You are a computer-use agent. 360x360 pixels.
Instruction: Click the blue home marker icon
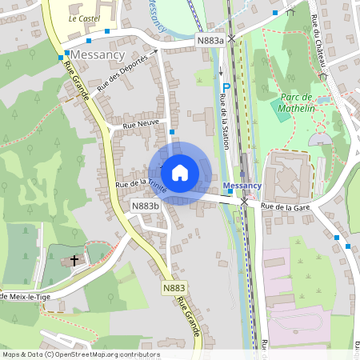pyautogui.click(x=180, y=172)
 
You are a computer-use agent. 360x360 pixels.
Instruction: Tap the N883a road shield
pyautogui.click(x=210, y=39)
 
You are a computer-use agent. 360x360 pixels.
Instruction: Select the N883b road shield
pyautogui.click(x=145, y=206)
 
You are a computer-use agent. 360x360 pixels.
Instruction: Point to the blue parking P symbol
pyautogui.click(x=226, y=88)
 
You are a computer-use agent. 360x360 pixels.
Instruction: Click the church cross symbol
pyautogui.click(x=75, y=260)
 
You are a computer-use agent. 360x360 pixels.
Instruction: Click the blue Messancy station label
pyautogui.click(x=242, y=186)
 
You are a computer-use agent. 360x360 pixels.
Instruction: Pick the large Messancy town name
pyautogui.click(x=98, y=54)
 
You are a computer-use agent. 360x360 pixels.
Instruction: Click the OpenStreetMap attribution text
pyautogui.click(x=81, y=354)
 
